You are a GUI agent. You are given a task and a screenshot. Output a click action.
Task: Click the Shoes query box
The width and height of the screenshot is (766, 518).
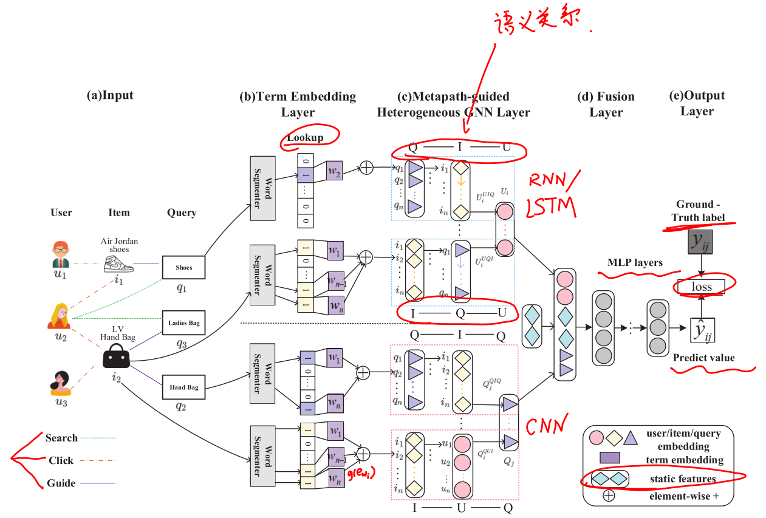(x=183, y=267)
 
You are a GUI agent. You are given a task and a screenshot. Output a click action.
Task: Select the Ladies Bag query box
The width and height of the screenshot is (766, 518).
(x=183, y=323)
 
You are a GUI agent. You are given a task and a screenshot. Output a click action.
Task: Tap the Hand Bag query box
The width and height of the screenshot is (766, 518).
(x=183, y=387)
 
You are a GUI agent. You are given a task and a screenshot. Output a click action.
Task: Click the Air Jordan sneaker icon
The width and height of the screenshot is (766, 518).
(x=119, y=264)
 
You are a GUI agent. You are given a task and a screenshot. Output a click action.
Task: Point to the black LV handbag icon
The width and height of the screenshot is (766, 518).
(x=116, y=356)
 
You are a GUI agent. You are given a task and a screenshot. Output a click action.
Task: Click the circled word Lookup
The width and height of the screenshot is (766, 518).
(x=305, y=138)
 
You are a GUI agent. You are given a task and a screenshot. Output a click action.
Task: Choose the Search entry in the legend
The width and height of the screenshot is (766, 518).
(x=61, y=438)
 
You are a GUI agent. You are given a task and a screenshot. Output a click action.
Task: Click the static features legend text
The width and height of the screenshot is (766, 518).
(x=680, y=479)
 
